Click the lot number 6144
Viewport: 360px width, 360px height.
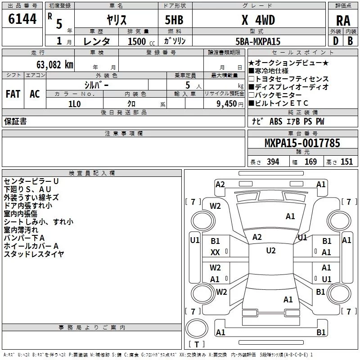pos(22,19)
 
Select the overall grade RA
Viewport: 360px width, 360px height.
pos(343,21)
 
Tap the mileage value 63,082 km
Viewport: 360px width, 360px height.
pos(55,65)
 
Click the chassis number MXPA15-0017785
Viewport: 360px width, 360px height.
pos(302,143)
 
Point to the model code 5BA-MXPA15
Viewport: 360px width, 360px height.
pos(258,41)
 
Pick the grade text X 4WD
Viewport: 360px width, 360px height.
pos(258,20)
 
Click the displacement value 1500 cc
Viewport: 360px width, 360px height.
pos(141,41)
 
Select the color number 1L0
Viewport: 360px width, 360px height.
pos(75,104)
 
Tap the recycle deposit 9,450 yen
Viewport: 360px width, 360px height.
pos(230,104)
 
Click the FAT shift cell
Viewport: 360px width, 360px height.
pos(13,94)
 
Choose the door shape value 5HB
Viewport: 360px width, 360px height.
pos(174,20)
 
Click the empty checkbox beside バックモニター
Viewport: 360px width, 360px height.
pos(251,95)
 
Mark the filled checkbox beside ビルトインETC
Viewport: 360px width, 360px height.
pos(251,103)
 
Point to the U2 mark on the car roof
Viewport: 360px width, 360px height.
pos(271,251)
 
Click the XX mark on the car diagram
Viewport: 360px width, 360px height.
pos(215,252)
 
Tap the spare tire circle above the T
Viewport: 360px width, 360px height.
pos(197,328)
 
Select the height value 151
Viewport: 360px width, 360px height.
pos(346,162)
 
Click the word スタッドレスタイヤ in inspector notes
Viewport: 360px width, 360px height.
pos(34,254)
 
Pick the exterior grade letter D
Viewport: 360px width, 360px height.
pos(336,41)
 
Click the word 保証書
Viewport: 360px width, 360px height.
pos(15,121)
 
